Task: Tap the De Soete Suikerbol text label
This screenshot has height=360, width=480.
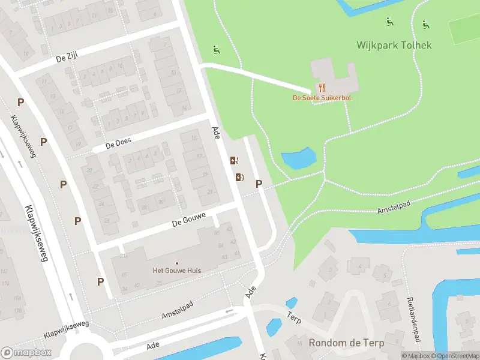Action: point(322,98)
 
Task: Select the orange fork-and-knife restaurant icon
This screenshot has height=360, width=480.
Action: point(322,87)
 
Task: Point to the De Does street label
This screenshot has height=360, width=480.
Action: point(118,145)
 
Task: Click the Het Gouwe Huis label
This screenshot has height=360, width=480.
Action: point(177,271)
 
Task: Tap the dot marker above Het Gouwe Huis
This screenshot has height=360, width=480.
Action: point(177,263)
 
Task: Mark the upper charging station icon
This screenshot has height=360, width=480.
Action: point(234,160)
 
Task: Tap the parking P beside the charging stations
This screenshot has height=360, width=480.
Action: point(259,184)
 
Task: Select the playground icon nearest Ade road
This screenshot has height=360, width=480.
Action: point(215,50)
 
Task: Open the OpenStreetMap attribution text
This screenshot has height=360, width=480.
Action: point(453,356)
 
